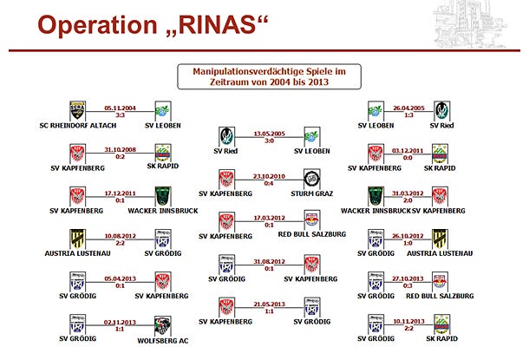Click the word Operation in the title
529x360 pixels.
92,26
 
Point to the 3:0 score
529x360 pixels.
269,141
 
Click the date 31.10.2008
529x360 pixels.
121,148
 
